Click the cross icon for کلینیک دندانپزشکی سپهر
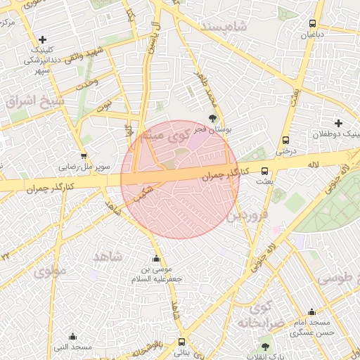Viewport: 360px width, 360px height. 43,40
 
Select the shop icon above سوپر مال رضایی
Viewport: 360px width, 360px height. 84,156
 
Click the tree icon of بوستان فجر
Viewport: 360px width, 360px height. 212,118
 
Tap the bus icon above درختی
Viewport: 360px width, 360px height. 285,140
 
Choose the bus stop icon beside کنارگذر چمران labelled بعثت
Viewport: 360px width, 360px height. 265,171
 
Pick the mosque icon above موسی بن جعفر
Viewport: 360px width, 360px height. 156,259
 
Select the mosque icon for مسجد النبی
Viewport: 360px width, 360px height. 72,337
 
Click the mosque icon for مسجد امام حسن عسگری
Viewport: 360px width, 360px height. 311,312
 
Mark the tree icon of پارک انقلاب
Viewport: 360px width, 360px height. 265,347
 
